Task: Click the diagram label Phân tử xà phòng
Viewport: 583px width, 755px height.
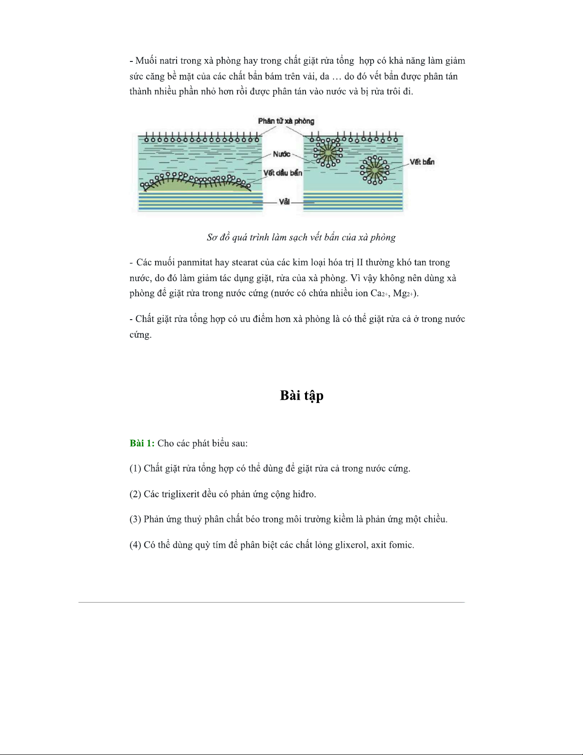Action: [286, 121]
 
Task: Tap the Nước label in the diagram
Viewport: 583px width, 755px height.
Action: [281, 154]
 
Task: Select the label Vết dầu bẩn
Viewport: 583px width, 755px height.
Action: [283, 173]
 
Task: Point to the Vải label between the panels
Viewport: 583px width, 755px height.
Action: [284, 201]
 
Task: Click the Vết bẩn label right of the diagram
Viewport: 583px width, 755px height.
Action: [422, 162]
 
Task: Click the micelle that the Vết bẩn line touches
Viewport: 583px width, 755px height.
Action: [375, 170]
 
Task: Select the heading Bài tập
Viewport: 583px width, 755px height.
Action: [302, 396]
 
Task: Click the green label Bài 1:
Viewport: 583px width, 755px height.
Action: [142, 443]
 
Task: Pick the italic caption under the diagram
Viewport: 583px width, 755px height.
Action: [301, 237]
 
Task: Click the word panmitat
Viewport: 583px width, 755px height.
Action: [195, 262]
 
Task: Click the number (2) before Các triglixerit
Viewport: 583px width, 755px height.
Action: [135, 494]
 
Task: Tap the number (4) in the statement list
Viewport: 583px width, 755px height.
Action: [135, 545]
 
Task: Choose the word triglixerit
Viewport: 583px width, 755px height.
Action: [180, 494]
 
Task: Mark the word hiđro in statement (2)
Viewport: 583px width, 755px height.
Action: [304, 494]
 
